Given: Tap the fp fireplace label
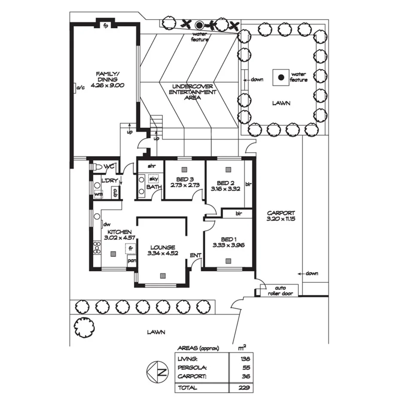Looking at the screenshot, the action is tap(106, 25).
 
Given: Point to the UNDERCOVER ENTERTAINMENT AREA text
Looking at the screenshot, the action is tap(192, 92).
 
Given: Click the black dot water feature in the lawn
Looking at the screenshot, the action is tap(281, 77).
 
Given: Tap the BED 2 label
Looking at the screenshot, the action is tap(223, 182).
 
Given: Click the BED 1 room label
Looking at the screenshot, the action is tap(228, 239).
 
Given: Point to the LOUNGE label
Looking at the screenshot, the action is tap(163, 247).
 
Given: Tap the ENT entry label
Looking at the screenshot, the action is tap(196, 255).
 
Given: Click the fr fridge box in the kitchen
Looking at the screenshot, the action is tap(129, 248).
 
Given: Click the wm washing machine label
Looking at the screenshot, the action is tap(98, 195).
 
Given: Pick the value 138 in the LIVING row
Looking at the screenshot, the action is tap(245, 358).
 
